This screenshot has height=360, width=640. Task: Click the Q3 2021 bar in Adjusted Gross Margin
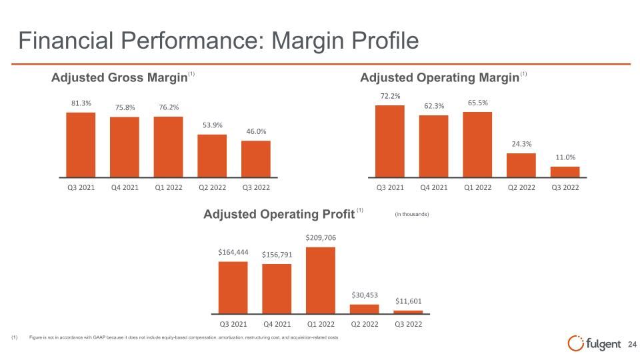coord(81,145)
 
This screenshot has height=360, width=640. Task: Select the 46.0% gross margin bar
coord(256,159)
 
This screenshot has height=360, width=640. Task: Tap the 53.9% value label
coord(212,125)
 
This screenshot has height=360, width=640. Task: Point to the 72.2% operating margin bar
coord(390,141)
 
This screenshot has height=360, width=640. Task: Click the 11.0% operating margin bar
coord(565,172)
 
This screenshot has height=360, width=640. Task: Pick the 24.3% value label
coord(521,144)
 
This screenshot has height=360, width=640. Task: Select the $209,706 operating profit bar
coord(321,281)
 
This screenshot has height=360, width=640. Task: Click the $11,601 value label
coord(408,301)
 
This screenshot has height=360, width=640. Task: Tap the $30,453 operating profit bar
coord(364,309)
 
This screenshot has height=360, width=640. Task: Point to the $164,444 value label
coord(233,252)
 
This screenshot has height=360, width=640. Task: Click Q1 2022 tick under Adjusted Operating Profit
coord(321,324)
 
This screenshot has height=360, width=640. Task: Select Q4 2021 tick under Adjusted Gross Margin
coord(125,187)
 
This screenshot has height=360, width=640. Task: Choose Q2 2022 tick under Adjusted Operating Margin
coord(521,187)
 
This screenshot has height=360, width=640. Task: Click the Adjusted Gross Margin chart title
coord(119,77)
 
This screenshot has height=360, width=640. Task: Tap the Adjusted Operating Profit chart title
coord(279,214)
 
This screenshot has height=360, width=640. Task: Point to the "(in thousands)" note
coord(412,214)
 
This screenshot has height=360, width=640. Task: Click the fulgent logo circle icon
coord(575,343)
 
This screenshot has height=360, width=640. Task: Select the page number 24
coord(632,345)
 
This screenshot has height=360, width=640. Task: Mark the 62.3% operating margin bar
coord(433,146)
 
